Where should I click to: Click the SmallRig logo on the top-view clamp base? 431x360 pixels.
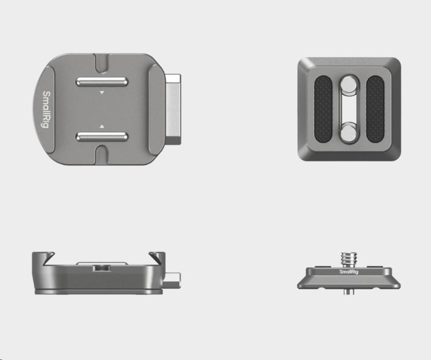(46, 110)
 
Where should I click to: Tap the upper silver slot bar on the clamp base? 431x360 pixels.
(102, 82)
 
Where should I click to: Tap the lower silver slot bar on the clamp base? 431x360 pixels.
(102, 136)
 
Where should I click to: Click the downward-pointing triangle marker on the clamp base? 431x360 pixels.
(102, 93)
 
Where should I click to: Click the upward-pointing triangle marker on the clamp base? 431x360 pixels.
(102, 126)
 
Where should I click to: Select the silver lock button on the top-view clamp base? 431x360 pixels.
(173, 109)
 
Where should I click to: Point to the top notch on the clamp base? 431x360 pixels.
(102, 63)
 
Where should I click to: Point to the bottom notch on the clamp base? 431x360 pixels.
(102, 155)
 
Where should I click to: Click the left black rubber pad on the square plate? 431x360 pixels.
(323, 109)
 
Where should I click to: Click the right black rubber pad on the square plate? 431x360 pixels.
(375, 109)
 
